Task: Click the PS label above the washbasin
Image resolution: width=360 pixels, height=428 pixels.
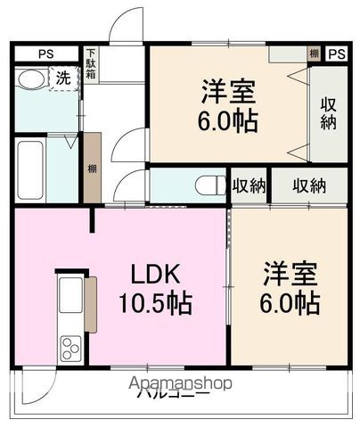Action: [x=45, y=53]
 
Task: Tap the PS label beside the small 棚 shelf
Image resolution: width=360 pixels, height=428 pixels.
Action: [x=335, y=53]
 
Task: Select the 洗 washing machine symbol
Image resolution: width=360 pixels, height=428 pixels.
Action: [x=61, y=78]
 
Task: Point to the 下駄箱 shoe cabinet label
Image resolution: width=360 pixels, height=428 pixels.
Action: [x=92, y=64]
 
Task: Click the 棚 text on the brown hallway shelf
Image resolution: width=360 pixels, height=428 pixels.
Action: [x=93, y=168]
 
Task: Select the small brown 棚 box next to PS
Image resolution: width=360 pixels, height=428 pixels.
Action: [x=314, y=53]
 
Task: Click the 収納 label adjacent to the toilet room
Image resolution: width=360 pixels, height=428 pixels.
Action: [x=249, y=185]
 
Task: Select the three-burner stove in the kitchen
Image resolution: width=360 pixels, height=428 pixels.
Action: [x=69, y=349]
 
